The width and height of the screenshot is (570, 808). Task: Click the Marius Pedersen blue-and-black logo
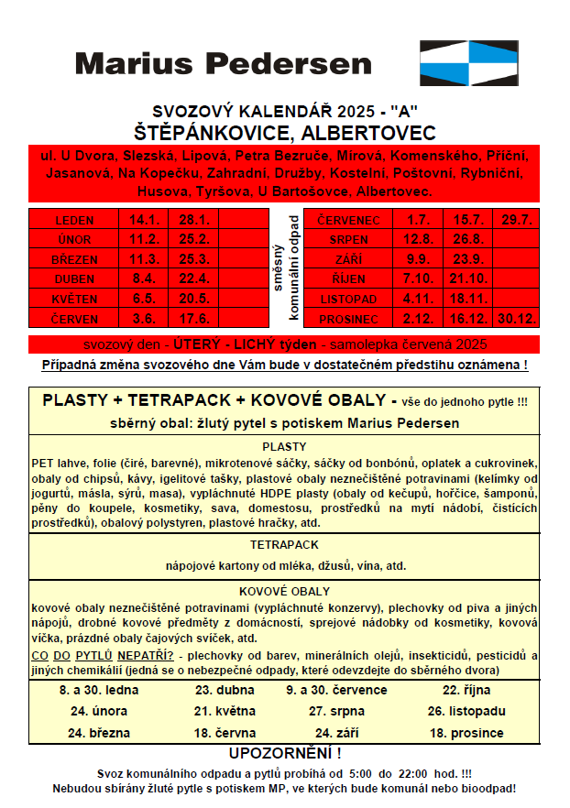point(467,63)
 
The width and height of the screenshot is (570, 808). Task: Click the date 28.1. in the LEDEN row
point(194,220)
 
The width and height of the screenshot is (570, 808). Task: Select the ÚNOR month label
point(74,240)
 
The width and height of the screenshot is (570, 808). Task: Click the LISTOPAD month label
point(348,300)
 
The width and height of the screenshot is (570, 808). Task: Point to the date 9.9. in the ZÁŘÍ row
point(418,259)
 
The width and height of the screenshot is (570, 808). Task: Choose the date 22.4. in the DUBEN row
point(194,279)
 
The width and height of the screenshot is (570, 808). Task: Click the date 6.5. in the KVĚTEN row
point(144,300)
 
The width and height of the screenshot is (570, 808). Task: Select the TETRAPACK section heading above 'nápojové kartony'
point(284,544)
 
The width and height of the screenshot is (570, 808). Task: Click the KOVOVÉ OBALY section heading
point(284,592)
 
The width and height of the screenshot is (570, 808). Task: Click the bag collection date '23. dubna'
point(217,690)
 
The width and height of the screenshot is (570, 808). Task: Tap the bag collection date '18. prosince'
point(466,733)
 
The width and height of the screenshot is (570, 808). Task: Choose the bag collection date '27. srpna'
point(336,711)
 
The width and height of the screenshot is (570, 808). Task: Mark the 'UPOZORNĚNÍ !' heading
point(284,754)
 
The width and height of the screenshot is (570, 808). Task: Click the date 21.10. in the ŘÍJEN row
point(468,279)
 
